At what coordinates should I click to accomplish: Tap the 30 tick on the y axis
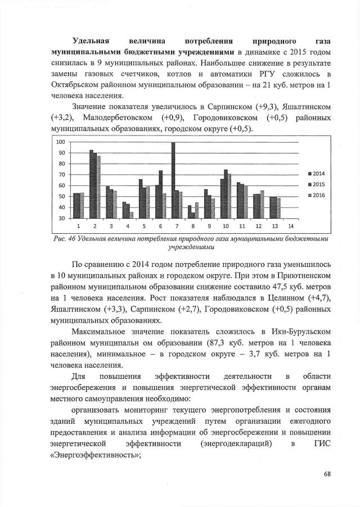(x=62, y=218)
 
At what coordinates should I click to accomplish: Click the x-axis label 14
(x=290, y=226)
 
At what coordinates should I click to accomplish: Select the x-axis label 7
(x=176, y=226)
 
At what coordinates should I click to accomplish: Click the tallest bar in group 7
(x=173, y=180)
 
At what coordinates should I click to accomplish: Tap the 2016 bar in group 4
(x=131, y=215)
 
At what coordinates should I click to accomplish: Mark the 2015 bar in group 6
(x=160, y=194)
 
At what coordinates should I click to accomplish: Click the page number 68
(x=327, y=474)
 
